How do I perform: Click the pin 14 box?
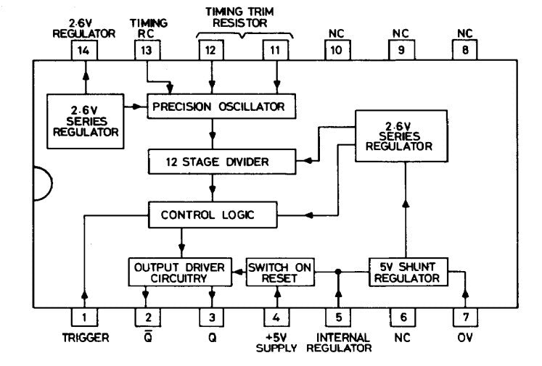[x=84, y=51]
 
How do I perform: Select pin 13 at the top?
[x=147, y=51]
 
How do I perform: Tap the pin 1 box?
[x=84, y=317]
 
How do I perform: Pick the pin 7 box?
[x=466, y=317]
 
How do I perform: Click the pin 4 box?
[x=276, y=317]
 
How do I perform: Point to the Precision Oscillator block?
[x=221, y=106]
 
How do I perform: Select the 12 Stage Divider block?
[x=222, y=162]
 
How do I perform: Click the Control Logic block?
[x=213, y=215]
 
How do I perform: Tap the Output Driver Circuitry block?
[x=180, y=272]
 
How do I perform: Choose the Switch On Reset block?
[x=280, y=272]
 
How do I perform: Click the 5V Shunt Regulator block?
[x=408, y=272]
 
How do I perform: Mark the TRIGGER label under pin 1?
[x=86, y=337]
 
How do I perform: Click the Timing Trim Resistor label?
[x=240, y=17]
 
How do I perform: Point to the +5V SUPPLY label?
[x=276, y=343]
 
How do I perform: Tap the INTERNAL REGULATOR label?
[x=339, y=343]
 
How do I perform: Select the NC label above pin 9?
[x=401, y=33]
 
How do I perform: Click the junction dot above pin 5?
[x=338, y=272]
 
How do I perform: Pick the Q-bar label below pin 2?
[x=148, y=336]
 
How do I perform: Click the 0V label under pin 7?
[x=465, y=337]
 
